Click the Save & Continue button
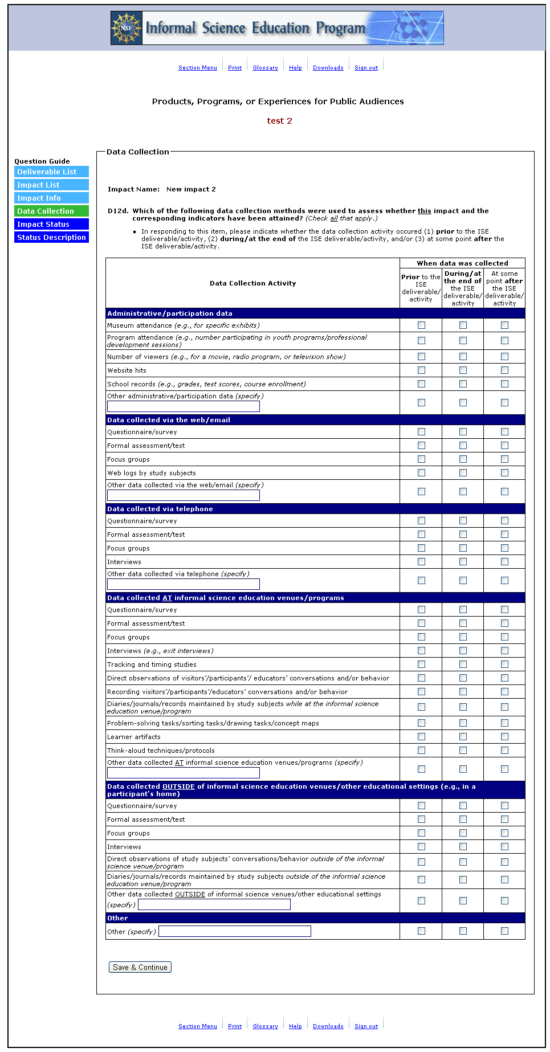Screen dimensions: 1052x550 [x=140, y=967]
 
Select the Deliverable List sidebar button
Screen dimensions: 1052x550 [x=51, y=172]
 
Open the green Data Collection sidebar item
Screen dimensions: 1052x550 [x=51, y=211]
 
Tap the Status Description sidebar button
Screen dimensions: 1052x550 [x=51, y=237]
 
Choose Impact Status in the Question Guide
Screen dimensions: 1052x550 [x=51, y=224]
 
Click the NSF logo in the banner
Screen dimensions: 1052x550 [x=126, y=28]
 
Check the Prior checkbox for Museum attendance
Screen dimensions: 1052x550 [x=421, y=325]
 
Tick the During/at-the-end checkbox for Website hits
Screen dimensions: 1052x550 [x=463, y=370]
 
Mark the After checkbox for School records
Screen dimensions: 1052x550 [x=504, y=384]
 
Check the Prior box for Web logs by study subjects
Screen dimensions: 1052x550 [x=421, y=472]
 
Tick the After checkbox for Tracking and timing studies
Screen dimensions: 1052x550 [x=504, y=664]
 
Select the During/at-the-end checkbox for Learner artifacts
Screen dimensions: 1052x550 [x=463, y=736]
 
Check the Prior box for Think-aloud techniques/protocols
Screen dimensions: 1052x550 [x=421, y=750]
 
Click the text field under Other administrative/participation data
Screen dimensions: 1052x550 [x=183, y=406]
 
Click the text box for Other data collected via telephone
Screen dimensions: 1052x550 [x=183, y=584]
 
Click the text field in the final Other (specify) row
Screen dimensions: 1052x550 [x=235, y=931]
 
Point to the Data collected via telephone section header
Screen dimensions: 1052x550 [x=160, y=509]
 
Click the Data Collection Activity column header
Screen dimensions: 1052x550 [x=252, y=283]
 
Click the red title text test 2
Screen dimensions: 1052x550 [x=279, y=121]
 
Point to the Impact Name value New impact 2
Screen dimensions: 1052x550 [x=191, y=189]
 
